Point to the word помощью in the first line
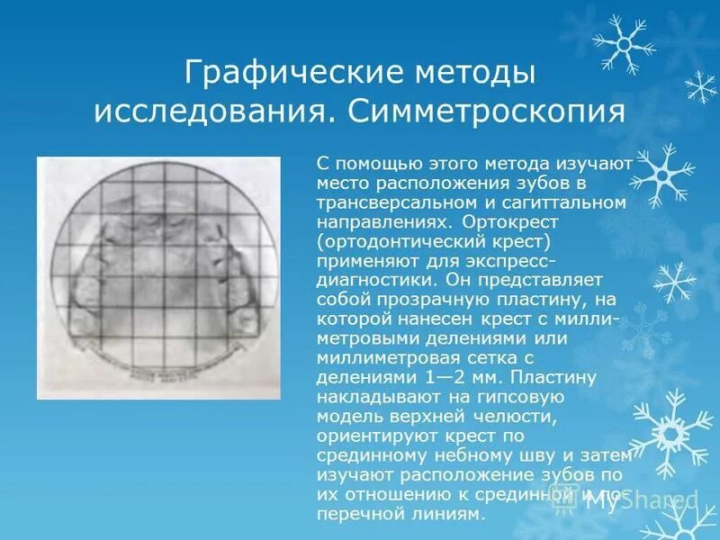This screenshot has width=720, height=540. click(370, 163)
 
